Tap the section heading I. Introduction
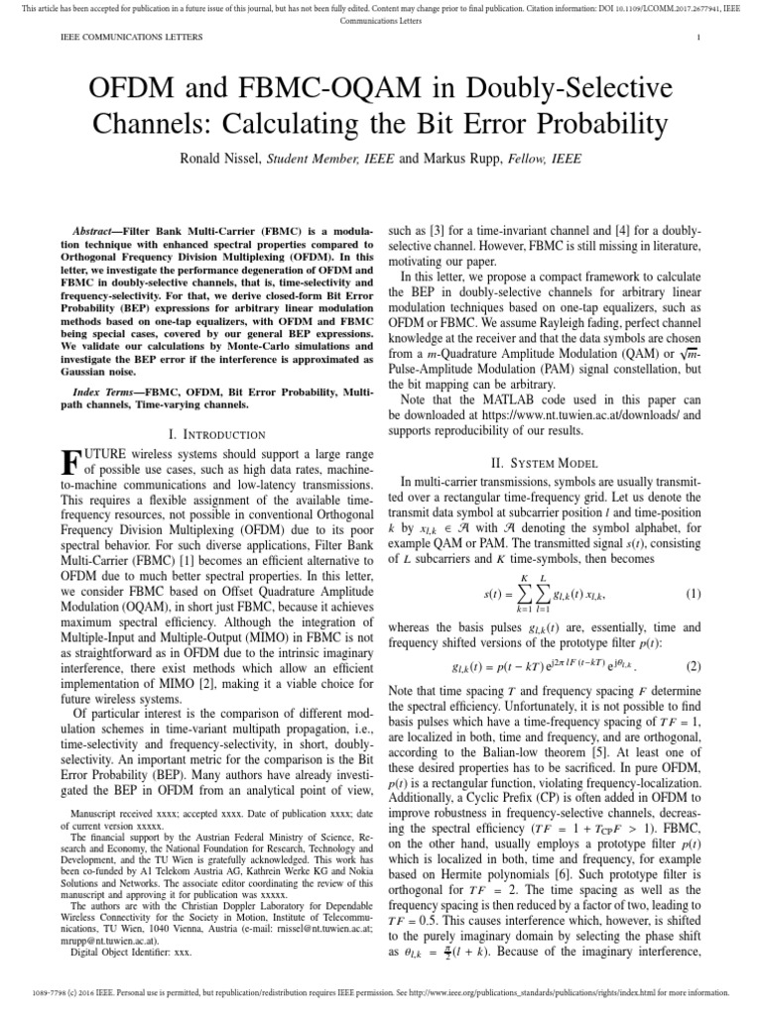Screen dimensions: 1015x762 pos(218,434)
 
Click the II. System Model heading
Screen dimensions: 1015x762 pos(544,462)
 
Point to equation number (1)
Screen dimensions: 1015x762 pos(693,595)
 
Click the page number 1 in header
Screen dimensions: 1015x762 pos(699,38)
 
